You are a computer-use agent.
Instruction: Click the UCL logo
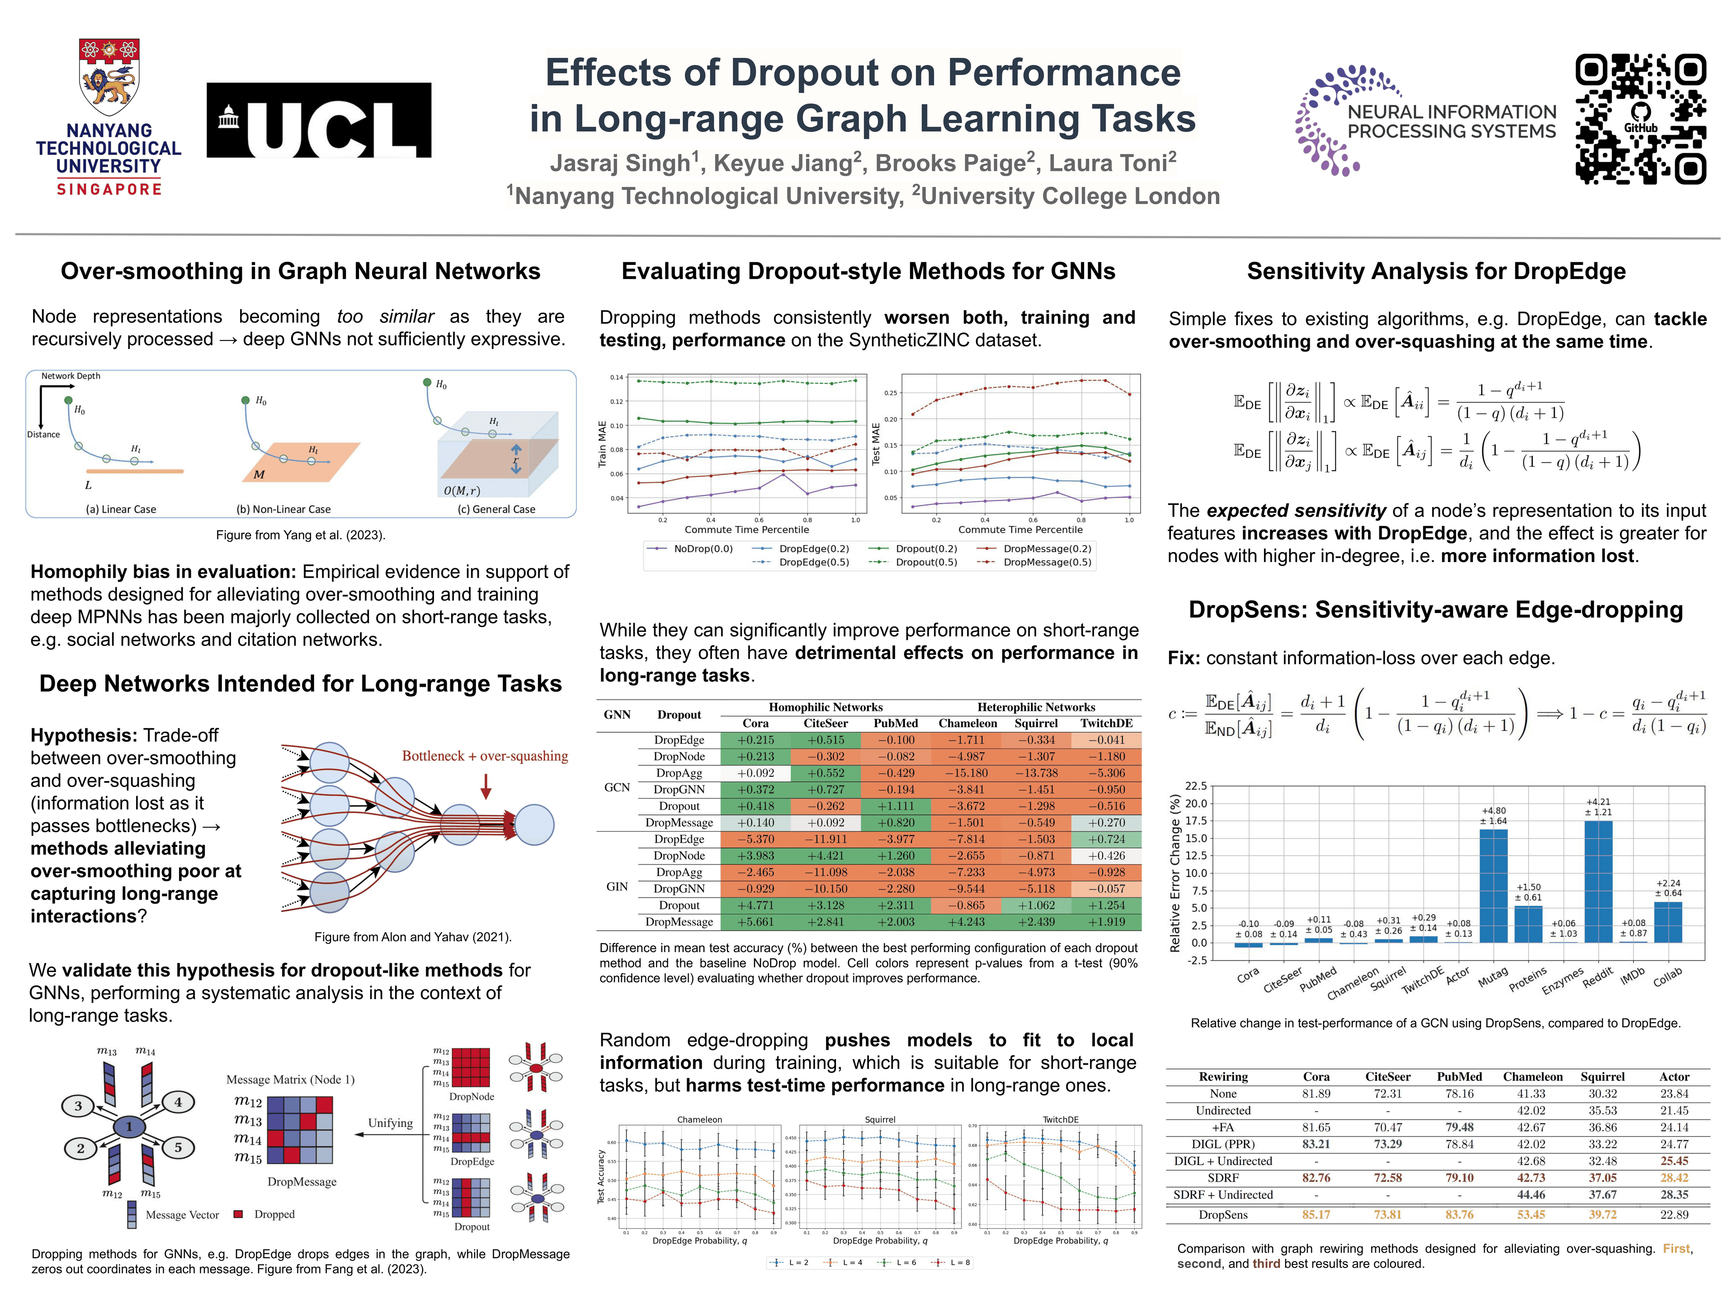tap(319, 120)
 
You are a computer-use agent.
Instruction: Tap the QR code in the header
tap(1640, 119)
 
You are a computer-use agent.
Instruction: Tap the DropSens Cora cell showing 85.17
tap(1316, 1215)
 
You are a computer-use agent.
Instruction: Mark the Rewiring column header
tap(1223, 1077)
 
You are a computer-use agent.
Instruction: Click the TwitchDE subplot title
tap(1060, 1120)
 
